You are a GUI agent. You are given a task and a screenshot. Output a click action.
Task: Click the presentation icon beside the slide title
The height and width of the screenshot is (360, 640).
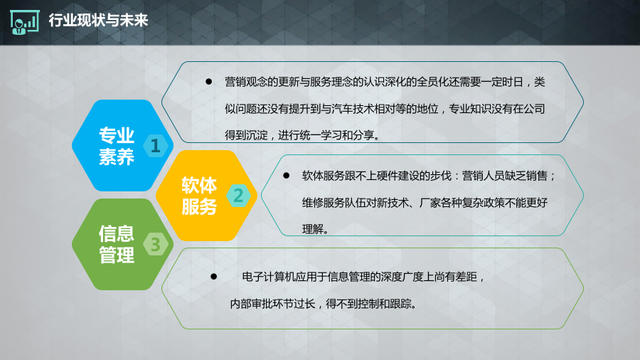[24, 23]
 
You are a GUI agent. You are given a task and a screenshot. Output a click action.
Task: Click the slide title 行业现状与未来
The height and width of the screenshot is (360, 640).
[98, 20]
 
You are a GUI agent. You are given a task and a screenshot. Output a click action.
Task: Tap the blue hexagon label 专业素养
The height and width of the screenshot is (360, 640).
[117, 146]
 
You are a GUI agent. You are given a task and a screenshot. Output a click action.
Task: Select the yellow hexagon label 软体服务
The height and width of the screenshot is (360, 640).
[199, 196]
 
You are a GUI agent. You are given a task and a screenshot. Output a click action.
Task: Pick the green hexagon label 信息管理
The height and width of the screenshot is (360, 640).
[117, 245]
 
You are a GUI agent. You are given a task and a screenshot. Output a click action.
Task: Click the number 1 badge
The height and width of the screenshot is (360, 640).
[156, 146]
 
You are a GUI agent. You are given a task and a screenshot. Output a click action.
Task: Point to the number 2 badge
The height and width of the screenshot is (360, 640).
[238, 196]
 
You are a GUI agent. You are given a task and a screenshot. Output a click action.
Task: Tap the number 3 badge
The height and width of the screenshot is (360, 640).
[156, 245]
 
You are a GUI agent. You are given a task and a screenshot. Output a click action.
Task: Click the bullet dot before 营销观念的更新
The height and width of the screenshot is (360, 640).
[208, 82]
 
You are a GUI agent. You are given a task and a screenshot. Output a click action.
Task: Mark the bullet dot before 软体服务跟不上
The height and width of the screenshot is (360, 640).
[286, 176]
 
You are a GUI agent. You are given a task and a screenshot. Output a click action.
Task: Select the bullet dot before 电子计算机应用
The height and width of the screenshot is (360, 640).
[213, 277]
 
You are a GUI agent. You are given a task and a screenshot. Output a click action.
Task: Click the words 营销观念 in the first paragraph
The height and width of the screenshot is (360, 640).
[246, 82]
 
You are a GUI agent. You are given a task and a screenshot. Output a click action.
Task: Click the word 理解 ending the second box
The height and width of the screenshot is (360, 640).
[313, 229]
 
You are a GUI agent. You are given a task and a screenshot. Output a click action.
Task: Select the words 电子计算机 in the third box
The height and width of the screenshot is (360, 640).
[269, 277]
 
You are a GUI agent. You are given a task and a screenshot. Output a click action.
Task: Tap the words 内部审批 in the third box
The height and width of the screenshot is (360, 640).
[251, 304]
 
